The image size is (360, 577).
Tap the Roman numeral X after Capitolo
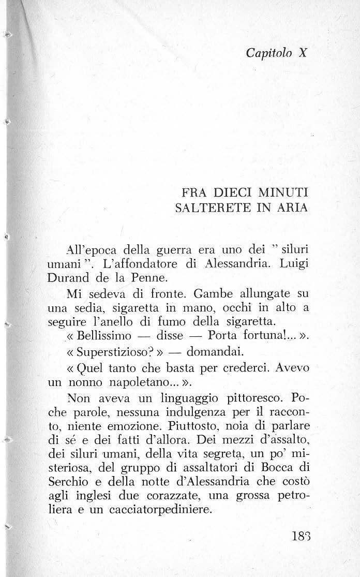tap(303, 53)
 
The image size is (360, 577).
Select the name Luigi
tap(293, 264)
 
